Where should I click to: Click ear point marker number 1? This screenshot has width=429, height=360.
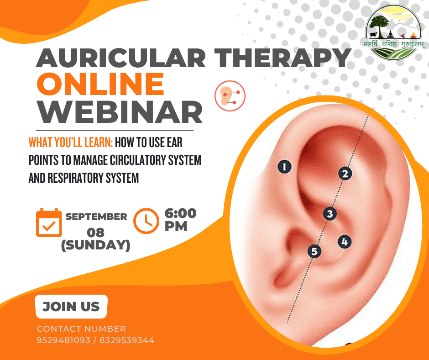(284, 167)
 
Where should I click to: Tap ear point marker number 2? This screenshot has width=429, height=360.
(345, 174)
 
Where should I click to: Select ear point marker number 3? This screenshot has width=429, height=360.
(330, 214)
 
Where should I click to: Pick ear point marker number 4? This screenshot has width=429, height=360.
(345, 242)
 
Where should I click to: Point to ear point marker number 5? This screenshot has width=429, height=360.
(314, 251)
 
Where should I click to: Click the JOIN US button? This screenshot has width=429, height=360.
(71, 307)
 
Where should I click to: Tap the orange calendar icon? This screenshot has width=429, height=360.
(49, 222)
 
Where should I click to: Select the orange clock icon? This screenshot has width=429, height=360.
(146, 221)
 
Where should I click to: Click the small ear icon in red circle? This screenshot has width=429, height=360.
(230, 96)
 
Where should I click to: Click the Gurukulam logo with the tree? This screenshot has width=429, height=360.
(393, 32)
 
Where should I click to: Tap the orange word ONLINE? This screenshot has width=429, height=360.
(100, 84)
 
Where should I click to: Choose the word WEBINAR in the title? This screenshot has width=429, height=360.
(120, 112)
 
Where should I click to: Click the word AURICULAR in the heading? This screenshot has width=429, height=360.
(120, 58)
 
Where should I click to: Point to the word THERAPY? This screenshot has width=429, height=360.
(283, 58)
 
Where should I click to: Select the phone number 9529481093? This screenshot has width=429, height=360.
(63, 340)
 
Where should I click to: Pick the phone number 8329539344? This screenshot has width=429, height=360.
(127, 340)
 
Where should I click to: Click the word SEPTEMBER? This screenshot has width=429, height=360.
(96, 217)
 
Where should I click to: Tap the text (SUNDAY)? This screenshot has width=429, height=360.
(96, 245)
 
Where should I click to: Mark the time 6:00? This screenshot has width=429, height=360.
(181, 213)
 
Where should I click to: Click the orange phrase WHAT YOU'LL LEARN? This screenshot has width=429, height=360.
(71, 143)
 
